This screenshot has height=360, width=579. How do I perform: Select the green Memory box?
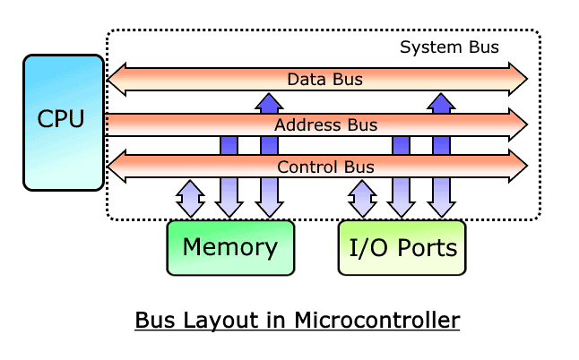[x=230, y=246]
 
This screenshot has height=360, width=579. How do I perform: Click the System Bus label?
[x=449, y=47]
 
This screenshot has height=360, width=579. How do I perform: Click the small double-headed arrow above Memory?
[x=190, y=198]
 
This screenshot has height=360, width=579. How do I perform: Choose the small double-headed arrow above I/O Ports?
[x=362, y=198]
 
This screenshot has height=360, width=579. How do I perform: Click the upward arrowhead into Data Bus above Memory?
[x=268, y=100]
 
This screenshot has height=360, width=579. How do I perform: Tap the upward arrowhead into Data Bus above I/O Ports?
[x=440, y=100]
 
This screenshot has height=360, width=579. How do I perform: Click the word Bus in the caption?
[x=152, y=320]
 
